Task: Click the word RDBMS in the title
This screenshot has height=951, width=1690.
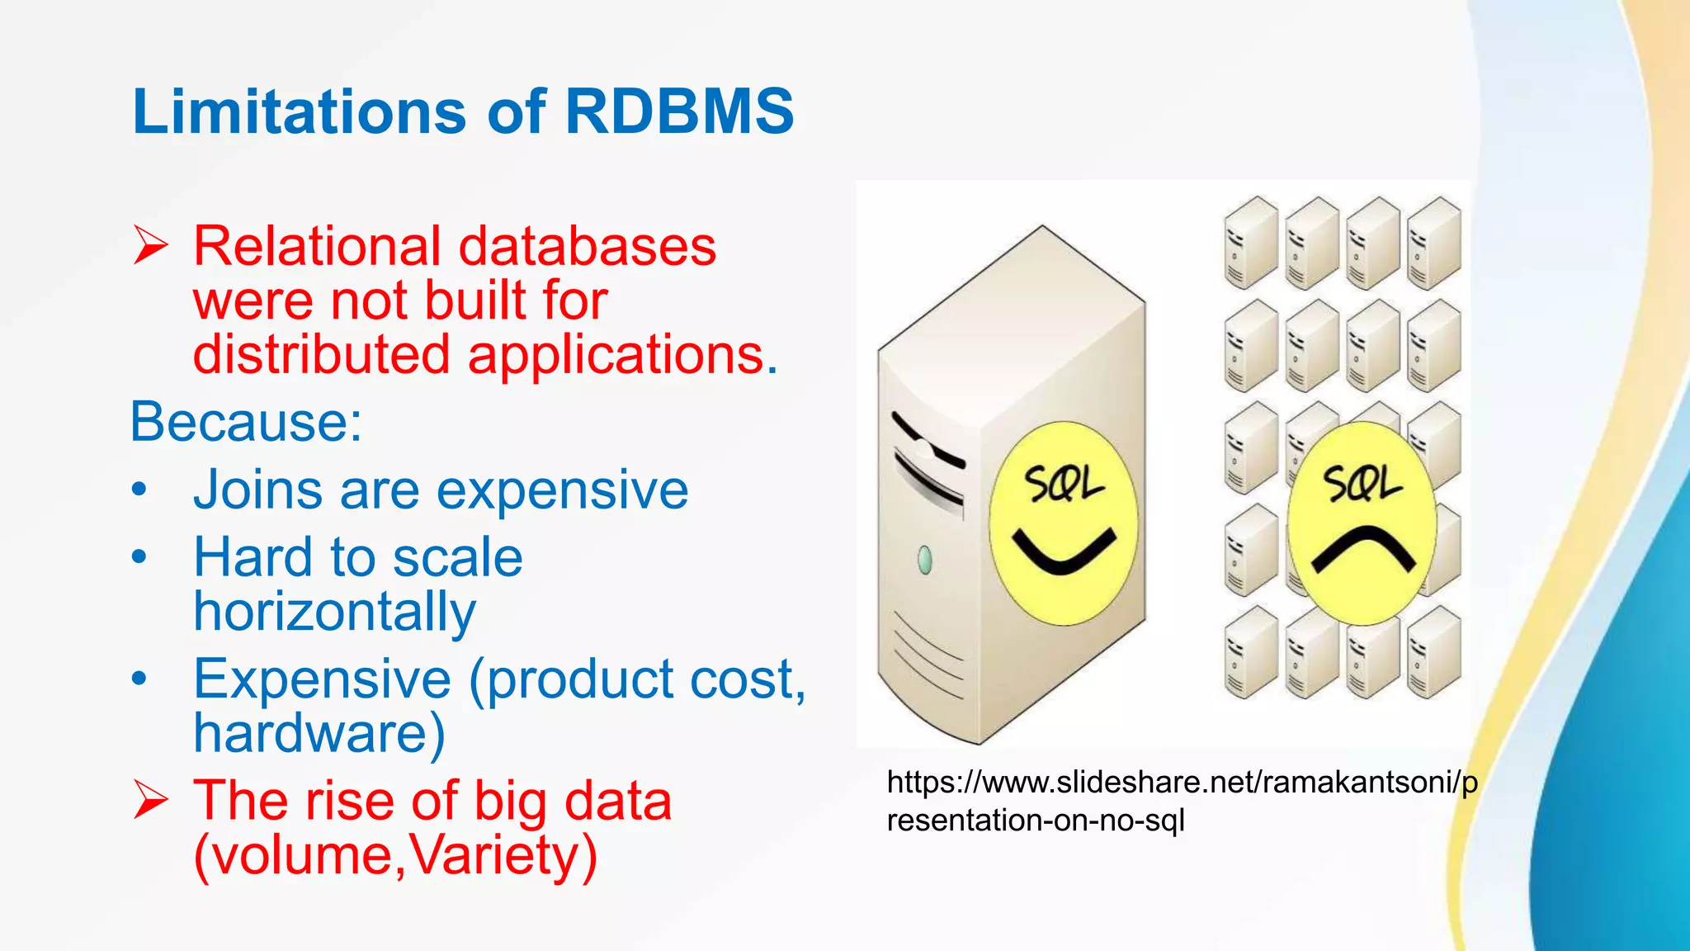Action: click(x=678, y=111)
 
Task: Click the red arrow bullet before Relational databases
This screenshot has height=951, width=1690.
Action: click(x=150, y=246)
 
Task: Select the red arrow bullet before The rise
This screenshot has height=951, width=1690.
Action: click(x=150, y=800)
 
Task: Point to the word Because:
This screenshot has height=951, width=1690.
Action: click(x=246, y=422)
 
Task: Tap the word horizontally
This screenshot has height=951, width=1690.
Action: click(x=334, y=612)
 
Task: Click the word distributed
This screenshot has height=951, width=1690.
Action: click(x=321, y=355)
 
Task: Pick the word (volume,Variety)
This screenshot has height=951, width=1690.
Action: click(x=395, y=855)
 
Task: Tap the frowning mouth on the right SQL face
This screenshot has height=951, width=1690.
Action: click(x=1363, y=549)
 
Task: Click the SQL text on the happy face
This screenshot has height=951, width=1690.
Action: click(x=1064, y=484)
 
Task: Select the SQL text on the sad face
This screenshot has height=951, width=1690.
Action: click(x=1362, y=483)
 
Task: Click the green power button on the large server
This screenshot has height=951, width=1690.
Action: click(x=925, y=560)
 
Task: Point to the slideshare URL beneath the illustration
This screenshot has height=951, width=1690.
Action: click(x=1181, y=801)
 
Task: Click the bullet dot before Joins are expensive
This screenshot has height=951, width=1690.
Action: click(x=139, y=490)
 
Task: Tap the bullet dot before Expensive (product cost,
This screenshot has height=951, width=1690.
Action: click(x=139, y=679)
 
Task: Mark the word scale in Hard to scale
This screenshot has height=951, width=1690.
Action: click(x=457, y=557)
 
